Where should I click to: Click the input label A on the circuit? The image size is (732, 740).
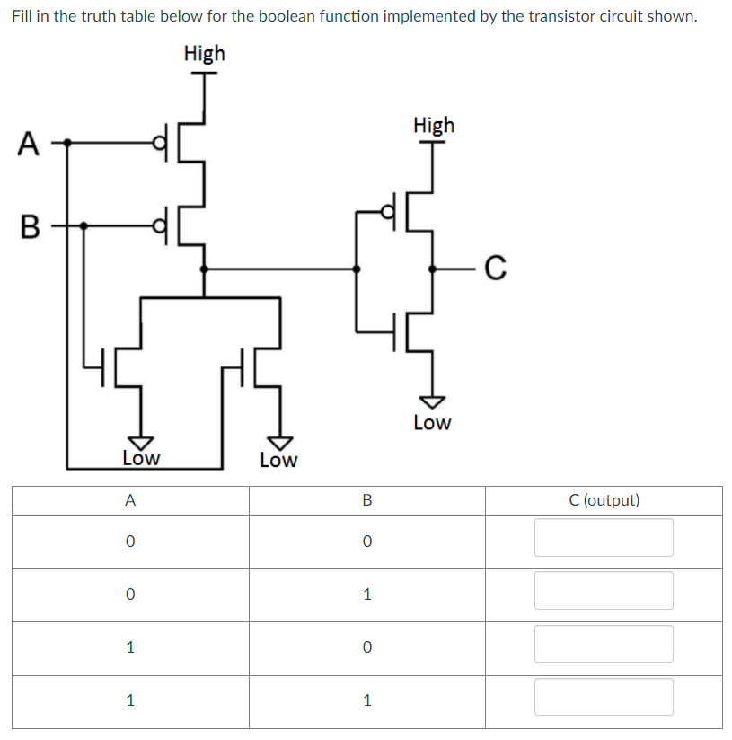tap(28, 142)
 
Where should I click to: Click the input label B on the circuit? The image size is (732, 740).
tap(28, 226)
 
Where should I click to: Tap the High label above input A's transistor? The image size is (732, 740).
tap(204, 54)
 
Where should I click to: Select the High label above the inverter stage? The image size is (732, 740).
tap(434, 126)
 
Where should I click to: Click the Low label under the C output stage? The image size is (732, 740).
tap(432, 423)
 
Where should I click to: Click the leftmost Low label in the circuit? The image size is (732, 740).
tap(141, 458)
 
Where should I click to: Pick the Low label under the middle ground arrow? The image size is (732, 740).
tap(278, 461)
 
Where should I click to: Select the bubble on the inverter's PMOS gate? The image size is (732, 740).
tap(389, 212)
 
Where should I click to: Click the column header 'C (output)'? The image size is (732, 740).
tap(604, 500)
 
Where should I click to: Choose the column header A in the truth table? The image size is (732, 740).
tap(130, 500)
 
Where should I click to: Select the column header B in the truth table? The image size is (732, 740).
tap(366, 500)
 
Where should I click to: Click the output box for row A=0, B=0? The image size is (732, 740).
tap(604, 538)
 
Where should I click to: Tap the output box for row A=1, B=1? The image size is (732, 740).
tap(604, 698)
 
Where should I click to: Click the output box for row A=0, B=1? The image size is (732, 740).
tap(604, 591)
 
